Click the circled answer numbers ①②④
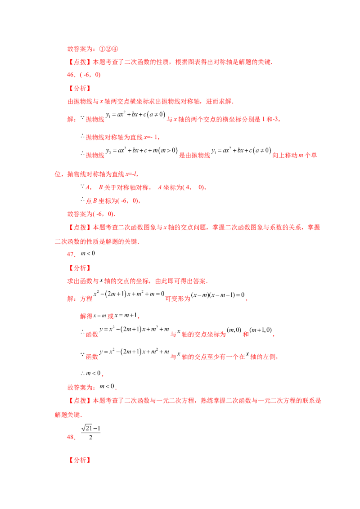(x=108, y=49)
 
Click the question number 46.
(x=71, y=75)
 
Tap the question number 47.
(x=71, y=254)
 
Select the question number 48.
(x=71, y=437)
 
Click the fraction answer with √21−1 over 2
(x=90, y=433)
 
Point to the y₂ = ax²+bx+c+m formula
(x=142, y=151)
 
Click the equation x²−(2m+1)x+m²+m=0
(x=129, y=294)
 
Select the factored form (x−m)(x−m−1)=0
(x=218, y=295)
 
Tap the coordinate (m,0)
(x=234, y=330)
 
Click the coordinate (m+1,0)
(x=261, y=330)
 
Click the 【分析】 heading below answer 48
(x=79, y=460)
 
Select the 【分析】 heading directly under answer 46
(x=79, y=88)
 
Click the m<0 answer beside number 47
(x=88, y=253)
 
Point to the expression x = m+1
(x=126, y=315)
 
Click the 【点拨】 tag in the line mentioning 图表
(x=79, y=62)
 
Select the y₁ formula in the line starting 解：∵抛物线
(x=135, y=115)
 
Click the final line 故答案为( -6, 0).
(x=91, y=214)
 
